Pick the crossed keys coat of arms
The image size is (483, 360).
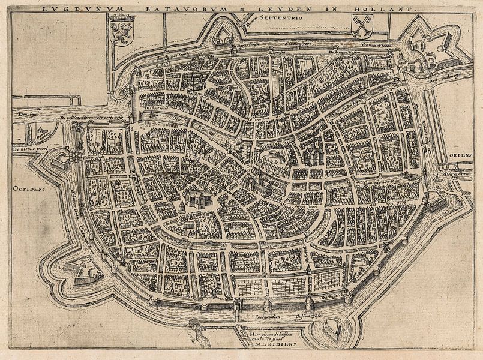coord(362,26)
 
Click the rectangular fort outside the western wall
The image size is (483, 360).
coord(62,160)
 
